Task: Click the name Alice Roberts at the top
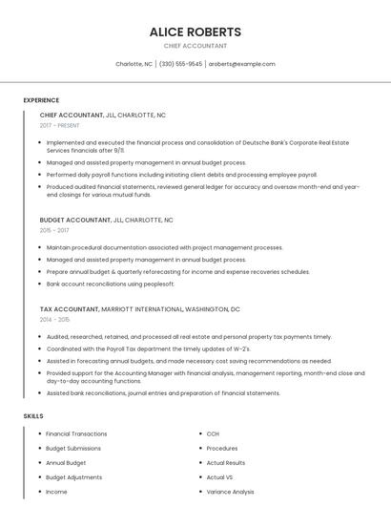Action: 195,32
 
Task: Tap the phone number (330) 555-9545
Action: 180,64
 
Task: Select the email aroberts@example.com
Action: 242,64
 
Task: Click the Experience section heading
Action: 41,100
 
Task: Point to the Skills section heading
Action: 33,416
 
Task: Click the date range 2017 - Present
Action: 61,125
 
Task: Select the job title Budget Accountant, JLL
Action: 106,220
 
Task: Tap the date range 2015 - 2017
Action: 54,230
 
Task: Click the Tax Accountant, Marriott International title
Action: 139,309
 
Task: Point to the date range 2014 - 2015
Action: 54,320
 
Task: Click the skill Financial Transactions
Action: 76,433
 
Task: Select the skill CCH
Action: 213,433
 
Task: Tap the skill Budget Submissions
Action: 72,448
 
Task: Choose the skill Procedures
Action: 222,448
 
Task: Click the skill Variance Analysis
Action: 230,492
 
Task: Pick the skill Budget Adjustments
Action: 73,477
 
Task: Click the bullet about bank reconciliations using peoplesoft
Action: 111,284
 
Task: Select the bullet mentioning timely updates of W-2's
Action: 151,348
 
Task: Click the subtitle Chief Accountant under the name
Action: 195,46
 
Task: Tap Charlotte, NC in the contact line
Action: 134,64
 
